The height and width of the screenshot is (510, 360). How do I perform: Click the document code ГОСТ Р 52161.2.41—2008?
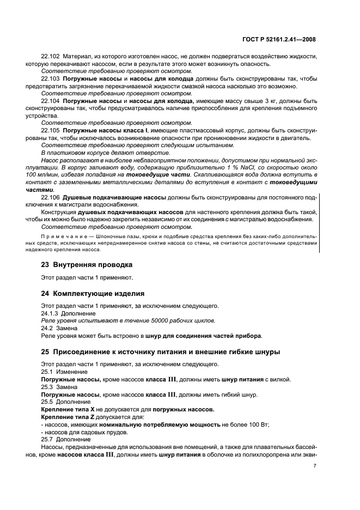tap(279, 39)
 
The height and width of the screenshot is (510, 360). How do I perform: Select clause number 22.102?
tap(51, 57)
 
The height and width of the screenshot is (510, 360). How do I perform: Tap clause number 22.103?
tap(51, 79)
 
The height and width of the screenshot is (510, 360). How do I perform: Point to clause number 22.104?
tap(51, 101)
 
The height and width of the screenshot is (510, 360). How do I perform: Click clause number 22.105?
tap(51, 131)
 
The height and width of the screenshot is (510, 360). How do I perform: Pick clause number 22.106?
tap(51, 197)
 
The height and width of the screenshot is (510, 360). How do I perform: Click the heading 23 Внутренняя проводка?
tap(87, 265)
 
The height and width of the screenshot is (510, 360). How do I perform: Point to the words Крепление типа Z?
tap(68, 416)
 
